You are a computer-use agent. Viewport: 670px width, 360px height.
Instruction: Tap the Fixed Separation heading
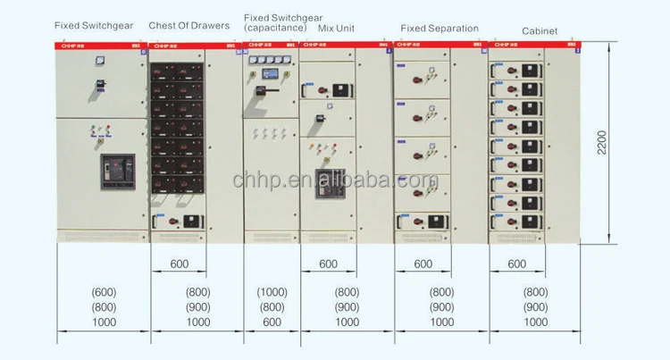[x=440, y=29]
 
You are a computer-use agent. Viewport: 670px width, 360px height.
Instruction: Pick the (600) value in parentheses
[x=104, y=292]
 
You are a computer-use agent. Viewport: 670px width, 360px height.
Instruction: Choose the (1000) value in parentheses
[x=272, y=292]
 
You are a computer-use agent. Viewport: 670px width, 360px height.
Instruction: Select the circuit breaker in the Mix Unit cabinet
[x=329, y=186]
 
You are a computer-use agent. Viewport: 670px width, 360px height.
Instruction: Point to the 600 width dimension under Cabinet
[x=517, y=264]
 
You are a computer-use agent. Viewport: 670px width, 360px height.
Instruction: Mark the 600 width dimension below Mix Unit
[x=328, y=264]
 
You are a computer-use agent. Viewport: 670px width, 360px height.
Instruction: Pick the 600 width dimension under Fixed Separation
[x=423, y=264]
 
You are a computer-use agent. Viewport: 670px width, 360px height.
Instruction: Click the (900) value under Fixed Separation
[x=441, y=307]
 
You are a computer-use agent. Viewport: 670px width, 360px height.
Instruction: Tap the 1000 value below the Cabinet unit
[x=535, y=322]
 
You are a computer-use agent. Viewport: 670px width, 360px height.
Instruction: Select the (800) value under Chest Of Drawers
[x=197, y=292]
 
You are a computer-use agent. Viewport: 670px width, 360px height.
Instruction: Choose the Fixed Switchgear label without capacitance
[x=94, y=26]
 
